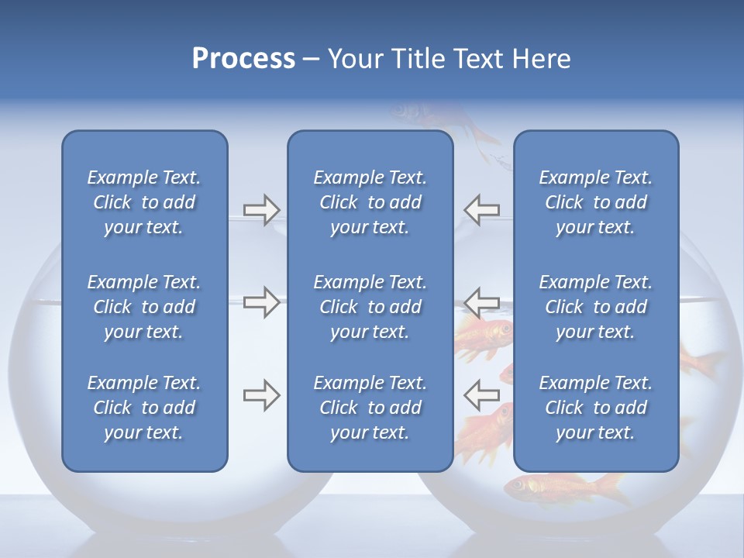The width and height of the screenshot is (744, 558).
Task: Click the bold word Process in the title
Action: click(243, 59)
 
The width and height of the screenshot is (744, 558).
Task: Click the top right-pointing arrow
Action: click(261, 209)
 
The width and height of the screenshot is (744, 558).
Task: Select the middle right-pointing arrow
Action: click(261, 302)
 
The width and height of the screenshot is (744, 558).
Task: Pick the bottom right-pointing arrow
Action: click(261, 395)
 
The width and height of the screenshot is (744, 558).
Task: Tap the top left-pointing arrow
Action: click(481, 209)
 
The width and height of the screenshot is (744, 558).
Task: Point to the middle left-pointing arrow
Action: click(481, 302)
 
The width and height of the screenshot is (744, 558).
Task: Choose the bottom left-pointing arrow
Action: click(481, 395)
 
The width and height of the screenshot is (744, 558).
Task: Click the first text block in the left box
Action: click(144, 202)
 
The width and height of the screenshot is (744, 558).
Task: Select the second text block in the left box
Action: click(144, 307)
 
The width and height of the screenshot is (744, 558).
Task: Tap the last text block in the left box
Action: click(144, 408)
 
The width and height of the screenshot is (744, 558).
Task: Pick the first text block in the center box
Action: click(370, 202)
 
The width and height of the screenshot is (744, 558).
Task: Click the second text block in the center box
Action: click(370, 307)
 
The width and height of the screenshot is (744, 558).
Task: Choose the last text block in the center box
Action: click(370, 408)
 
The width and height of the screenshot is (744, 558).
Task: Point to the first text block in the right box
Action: click(595, 202)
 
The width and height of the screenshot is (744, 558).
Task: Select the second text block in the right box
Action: click(595, 307)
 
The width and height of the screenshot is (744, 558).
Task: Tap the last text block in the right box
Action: click(595, 408)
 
